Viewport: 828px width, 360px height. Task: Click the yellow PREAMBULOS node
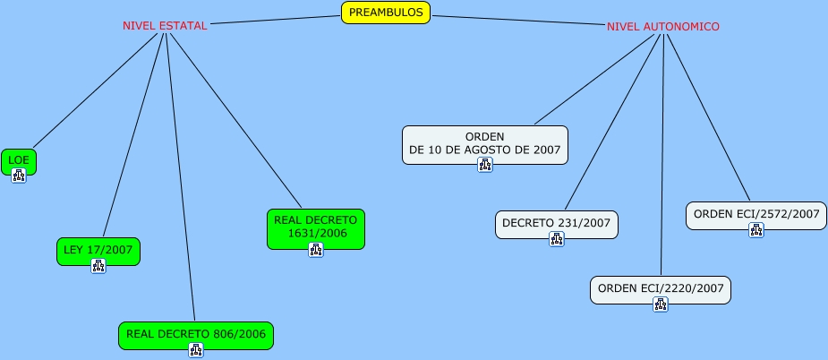coord(386,13)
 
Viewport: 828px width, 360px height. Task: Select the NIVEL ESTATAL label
coord(165,26)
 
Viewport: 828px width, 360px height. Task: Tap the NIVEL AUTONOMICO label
coord(662,27)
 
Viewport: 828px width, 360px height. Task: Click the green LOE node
coord(19,159)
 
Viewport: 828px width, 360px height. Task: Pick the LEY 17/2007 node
coord(98,250)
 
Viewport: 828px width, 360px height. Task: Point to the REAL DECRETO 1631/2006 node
coord(316,227)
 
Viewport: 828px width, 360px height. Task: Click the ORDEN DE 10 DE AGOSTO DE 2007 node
coord(484,143)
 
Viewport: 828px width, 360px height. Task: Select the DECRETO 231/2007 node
coord(557,223)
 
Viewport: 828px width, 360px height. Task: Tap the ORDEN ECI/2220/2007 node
coord(661,288)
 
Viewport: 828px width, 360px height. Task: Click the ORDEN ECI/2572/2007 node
coord(756,214)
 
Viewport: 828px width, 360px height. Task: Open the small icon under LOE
coord(19,176)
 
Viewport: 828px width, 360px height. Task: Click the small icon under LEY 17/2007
coord(98,266)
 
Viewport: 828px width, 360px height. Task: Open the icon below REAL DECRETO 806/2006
coord(196,349)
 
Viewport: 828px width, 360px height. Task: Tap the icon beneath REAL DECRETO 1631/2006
coord(316,250)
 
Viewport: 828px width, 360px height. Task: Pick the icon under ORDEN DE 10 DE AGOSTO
coord(485,165)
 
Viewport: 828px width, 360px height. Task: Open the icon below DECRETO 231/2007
coord(557,239)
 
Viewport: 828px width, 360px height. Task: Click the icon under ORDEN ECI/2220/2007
coord(661,304)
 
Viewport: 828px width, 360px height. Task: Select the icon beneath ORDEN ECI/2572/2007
coord(756,230)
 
